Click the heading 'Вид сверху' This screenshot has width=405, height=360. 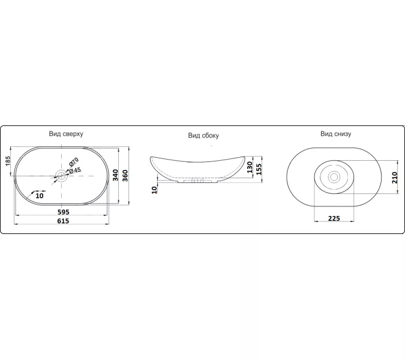pyautogui.click(x=66, y=134)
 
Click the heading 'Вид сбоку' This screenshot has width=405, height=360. pyautogui.click(x=203, y=136)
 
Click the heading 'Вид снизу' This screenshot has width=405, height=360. pyautogui.click(x=336, y=134)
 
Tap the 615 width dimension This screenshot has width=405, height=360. pyautogui.click(x=63, y=221)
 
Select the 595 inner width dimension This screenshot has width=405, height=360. pyautogui.click(x=63, y=212)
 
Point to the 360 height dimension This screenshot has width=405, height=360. pyautogui.click(x=125, y=176)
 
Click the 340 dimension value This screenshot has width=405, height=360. pyautogui.click(x=115, y=175)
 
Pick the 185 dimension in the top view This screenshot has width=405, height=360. pyautogui.click(x=8, y=161)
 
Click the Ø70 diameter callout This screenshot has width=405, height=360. pyautogui.click(x=73, y=162)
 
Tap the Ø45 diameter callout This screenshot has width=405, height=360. pyautogui.click(x=75, y=170)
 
